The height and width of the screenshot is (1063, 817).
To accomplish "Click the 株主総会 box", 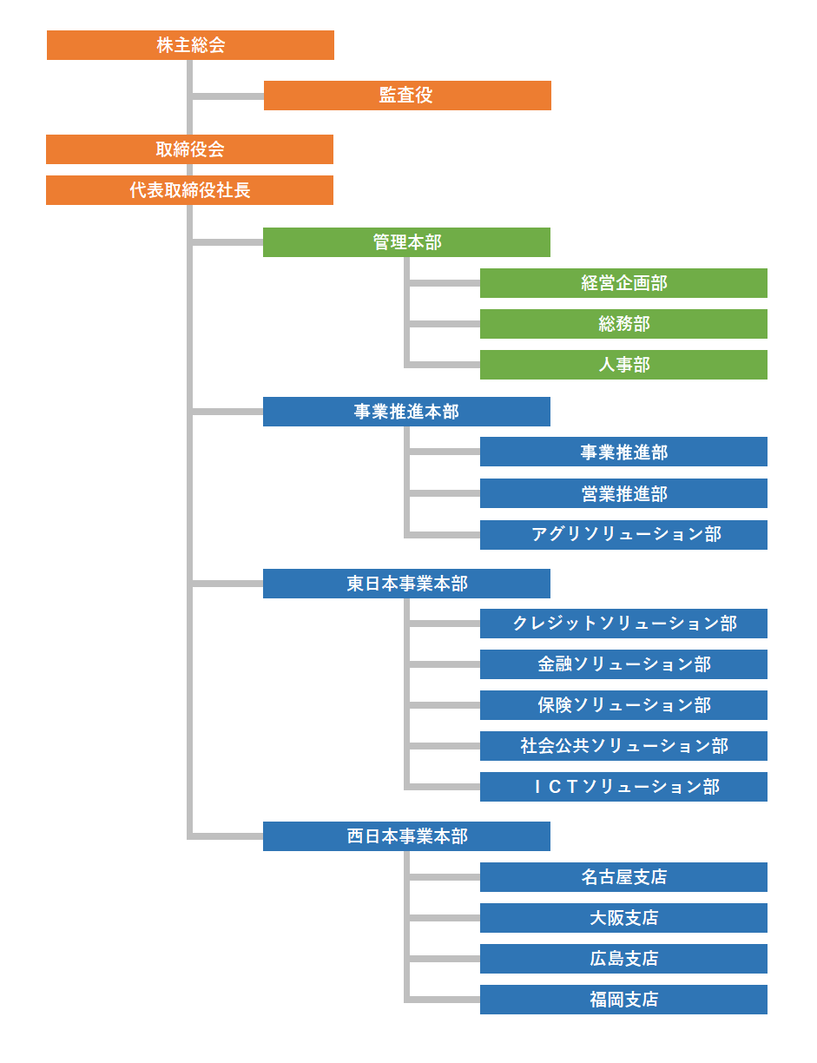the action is point(190,45).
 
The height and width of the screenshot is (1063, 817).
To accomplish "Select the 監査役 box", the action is point(407,96).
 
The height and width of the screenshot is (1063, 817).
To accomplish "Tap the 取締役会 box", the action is point(189,149).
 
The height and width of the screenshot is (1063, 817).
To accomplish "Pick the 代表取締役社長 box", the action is point(189,190).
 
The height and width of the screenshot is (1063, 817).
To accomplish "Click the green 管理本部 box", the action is point(406,242).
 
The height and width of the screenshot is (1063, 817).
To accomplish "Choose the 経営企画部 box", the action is point(623,283).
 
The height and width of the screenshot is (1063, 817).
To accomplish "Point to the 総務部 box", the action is point(623,324).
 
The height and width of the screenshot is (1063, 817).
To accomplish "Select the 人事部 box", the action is point(623,365).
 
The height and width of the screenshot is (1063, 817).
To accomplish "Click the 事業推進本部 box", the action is point(406,412).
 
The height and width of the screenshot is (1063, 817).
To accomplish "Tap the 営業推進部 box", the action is point(623,493).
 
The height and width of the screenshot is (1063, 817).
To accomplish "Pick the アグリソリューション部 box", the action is point(623,535).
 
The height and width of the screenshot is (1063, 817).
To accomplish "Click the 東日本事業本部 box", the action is point(406,584).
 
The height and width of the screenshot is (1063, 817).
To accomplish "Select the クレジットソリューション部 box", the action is point(623,624).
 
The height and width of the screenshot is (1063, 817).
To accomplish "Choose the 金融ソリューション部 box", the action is point(623,664).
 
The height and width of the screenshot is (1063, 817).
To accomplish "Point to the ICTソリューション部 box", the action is point(623,787).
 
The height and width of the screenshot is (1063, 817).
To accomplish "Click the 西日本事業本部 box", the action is point(406,836).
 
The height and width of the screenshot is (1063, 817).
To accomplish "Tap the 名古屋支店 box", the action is point(623,877).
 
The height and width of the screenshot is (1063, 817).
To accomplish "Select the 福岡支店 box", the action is point(623,1000).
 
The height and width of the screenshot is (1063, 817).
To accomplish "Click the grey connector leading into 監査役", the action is point(227,96).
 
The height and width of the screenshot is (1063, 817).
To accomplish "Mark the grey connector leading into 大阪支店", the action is point(445,918).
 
